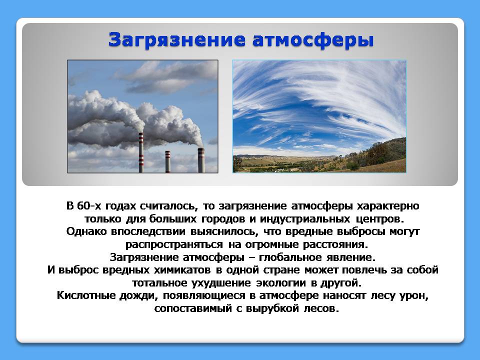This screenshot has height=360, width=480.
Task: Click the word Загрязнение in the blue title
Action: pyautogui.click(x=176, y=40)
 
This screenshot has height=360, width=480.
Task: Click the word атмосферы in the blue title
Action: pyautogui.click(x=313, y=40)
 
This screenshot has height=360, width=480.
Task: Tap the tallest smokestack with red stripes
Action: pyautogui.click(x=141, y=152)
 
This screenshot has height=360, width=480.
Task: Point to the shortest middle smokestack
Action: pyautogui.click(x=168, y=161)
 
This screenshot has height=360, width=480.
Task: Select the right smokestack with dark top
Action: pyautogui.click(x=201, y=160)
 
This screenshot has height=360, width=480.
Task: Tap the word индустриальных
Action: pyautogui.click(x=305, y=219)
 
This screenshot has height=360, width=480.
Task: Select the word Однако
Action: pyautogui.click(x=86, y=231)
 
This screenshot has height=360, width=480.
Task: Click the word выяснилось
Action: pyautogui.click(x=223, y=231)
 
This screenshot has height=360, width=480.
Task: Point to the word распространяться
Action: pyautogui.click(x=174, y=245)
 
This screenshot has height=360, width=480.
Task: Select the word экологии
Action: pyautogui.click(x=280, y=283)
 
